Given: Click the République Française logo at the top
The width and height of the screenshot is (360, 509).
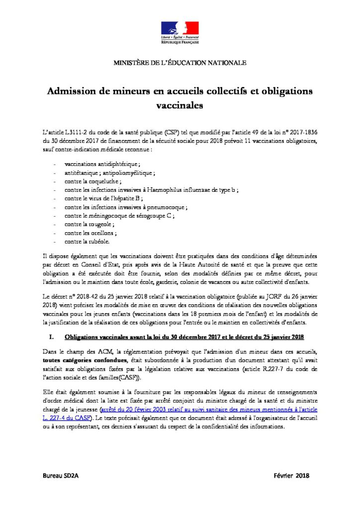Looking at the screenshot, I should click(x=180, y=33).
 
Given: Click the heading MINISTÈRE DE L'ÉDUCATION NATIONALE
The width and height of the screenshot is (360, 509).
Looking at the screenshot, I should click(x=180, y=63).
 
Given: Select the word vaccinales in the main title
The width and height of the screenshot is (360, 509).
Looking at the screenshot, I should click(x=180, y=105).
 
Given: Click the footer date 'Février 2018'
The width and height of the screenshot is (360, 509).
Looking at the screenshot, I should click(x=291, y=476).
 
